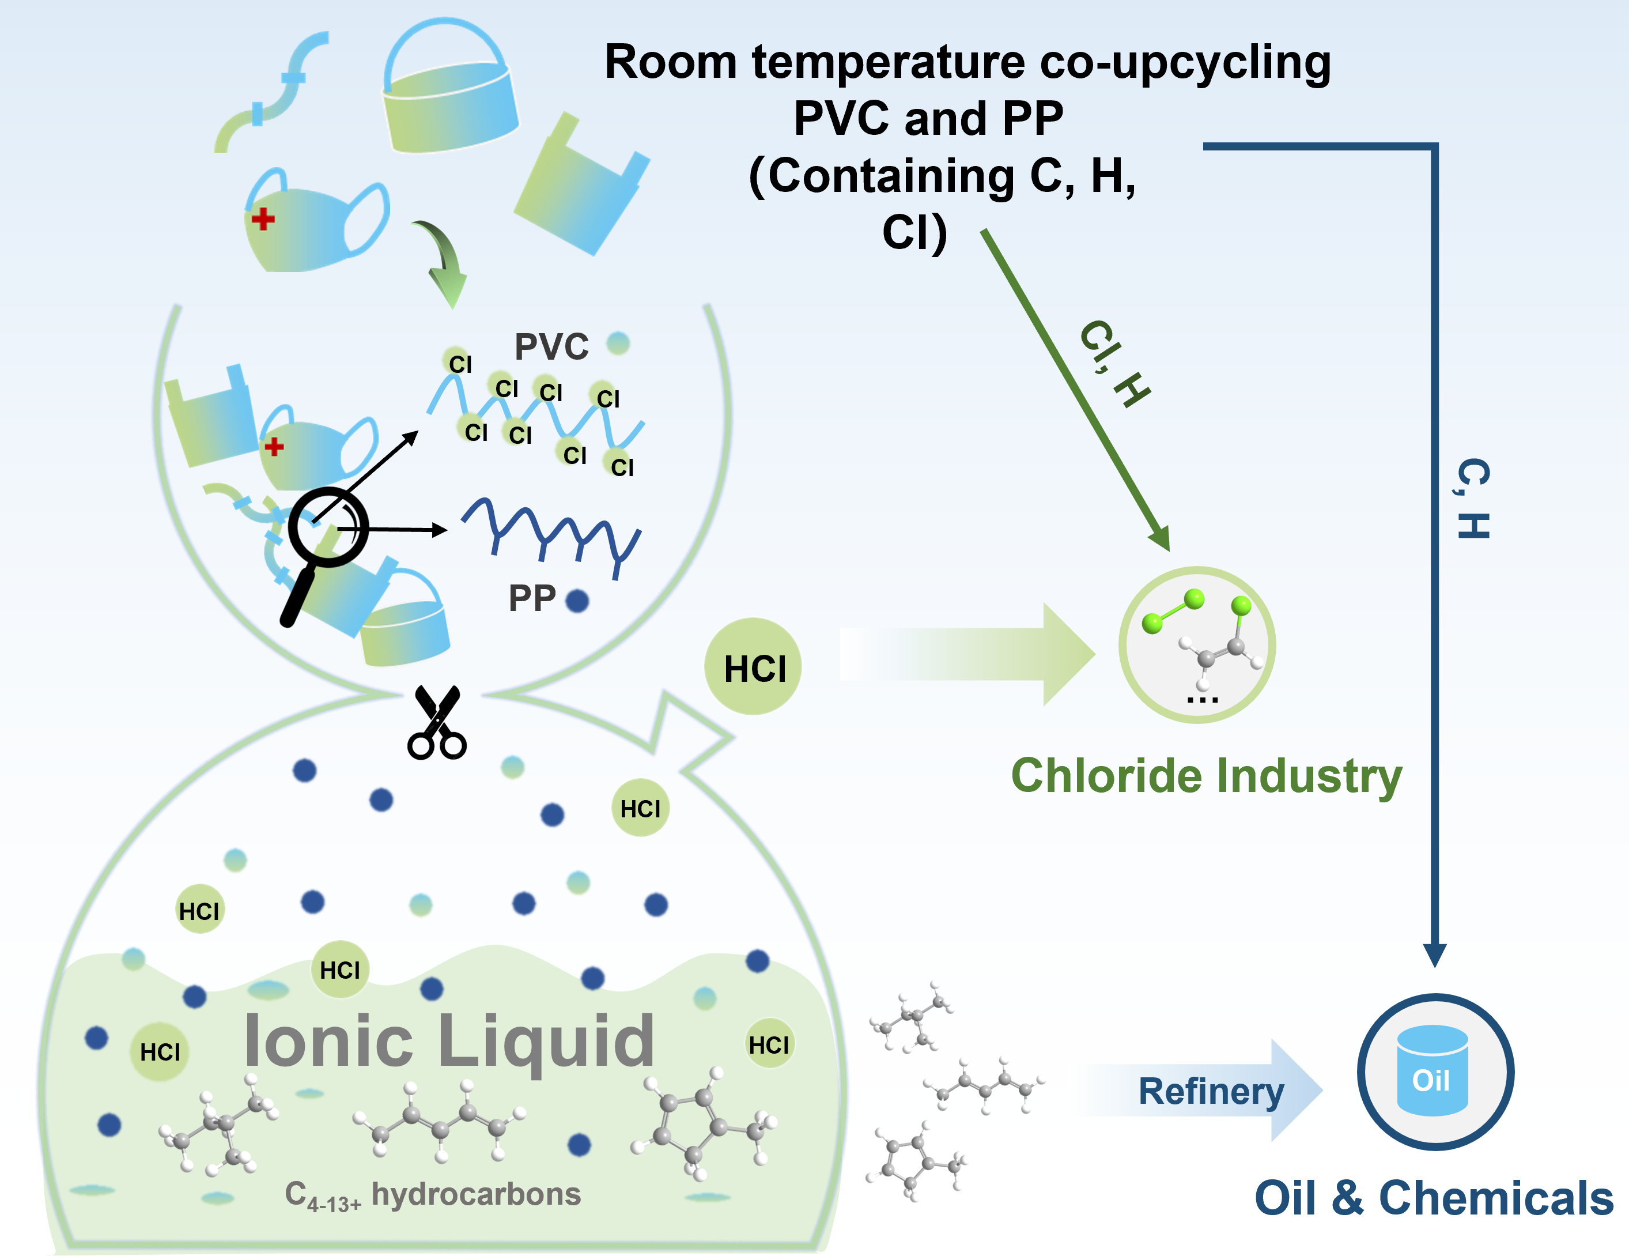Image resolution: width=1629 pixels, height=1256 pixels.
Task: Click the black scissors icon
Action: pyautogui.click(x=436, y=722)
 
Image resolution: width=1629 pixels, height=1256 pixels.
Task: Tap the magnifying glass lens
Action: pyautogui.click(x=328, y=527)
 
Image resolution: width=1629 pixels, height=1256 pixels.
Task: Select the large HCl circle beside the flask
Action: pyautogui.click(x=753, y=666)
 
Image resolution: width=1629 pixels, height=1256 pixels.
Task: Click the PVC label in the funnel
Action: pyautogui.click(x=551, y=346)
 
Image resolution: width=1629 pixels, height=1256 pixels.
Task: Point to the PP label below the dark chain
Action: pyautogui.click(x=532, y=598)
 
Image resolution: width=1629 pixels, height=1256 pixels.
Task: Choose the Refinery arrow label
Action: pyautogui.click(x=1211, y=1091)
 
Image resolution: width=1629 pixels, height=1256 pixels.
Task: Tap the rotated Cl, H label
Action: pyautogui.click(x=1114, y=364)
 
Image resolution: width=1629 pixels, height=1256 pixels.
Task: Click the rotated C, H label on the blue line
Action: pyautogui.click(x=1473, y=498)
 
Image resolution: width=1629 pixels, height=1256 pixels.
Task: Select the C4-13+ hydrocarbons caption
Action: pyautogui.click(x=433, y=1195)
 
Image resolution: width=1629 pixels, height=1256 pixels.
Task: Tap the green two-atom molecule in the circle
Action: pyautogui.click(x=1173, y=610)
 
